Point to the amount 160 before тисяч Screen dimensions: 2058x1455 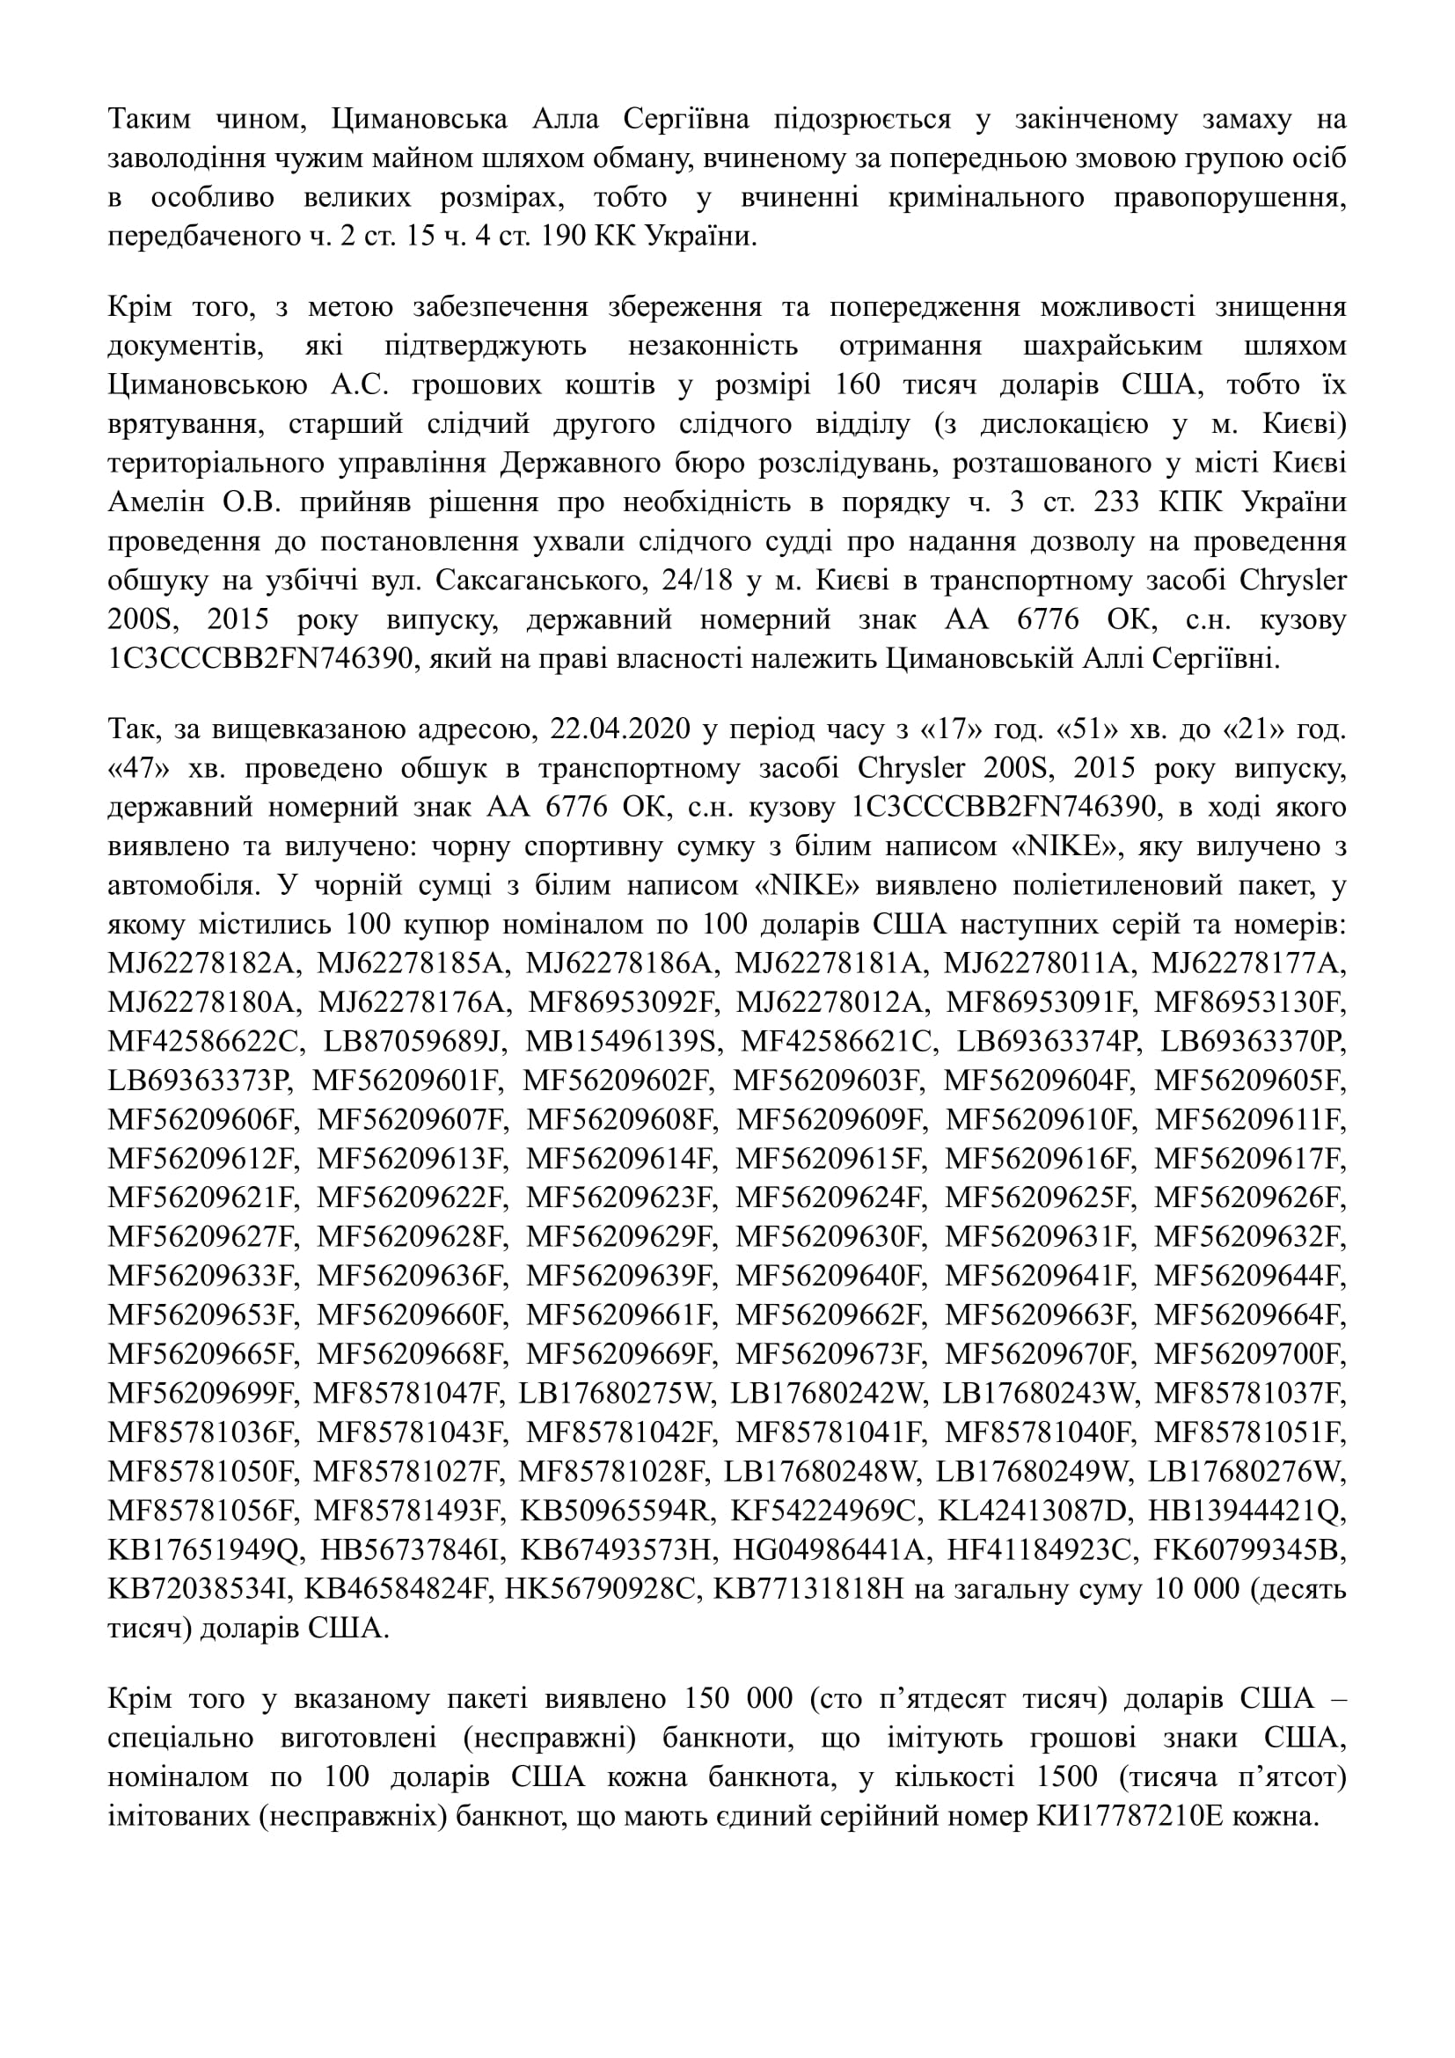pos(859,385)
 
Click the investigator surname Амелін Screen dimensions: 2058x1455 pos(159,503)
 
